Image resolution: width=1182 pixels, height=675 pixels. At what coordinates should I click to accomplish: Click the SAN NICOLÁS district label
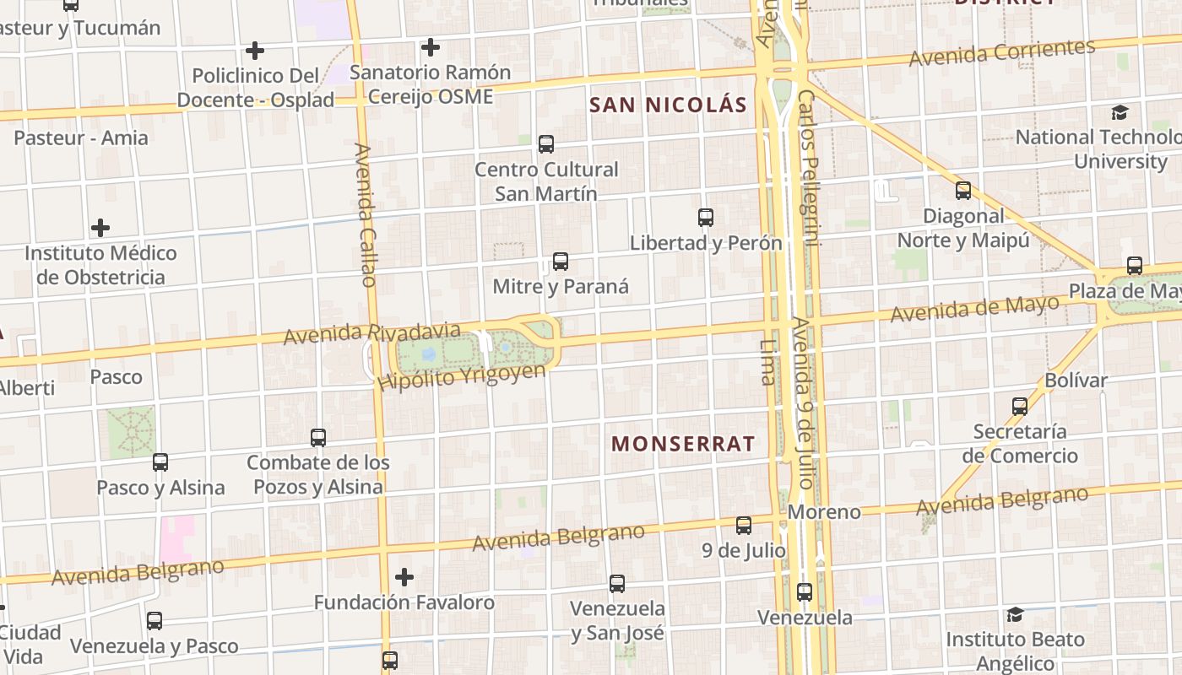point(668,105)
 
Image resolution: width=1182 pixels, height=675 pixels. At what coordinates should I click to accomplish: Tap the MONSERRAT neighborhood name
point(683,444)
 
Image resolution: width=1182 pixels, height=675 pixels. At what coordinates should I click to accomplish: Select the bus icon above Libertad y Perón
point(706,218)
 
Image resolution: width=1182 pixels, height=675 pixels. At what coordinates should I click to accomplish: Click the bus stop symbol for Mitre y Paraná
point(560,262)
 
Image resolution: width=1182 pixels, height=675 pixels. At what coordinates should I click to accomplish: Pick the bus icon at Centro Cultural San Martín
point(546,144)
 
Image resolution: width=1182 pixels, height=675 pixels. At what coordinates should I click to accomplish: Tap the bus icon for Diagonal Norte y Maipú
point(963,191)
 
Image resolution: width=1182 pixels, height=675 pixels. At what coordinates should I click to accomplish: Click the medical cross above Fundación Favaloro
point(404,577)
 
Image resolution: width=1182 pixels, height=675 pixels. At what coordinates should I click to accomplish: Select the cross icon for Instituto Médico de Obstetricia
point(100,228)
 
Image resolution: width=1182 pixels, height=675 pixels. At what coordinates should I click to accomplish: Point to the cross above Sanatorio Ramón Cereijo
point(431,47)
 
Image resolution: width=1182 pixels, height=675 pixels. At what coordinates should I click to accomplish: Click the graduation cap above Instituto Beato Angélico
point(1015,614)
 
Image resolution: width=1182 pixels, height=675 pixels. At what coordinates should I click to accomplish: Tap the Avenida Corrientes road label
point(1002,52)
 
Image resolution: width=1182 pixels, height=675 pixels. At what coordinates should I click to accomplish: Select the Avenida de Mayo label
point(975,308)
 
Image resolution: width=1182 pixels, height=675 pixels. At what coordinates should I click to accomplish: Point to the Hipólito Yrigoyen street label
point(461,376)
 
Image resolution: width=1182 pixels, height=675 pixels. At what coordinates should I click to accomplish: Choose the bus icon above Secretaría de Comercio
point(1020,407)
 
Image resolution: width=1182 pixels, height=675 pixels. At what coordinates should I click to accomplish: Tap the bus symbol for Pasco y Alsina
point(160,462)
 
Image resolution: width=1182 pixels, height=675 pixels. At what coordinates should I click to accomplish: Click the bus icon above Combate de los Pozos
point(318,438)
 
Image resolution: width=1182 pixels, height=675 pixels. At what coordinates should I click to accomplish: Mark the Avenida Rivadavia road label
point(371,332)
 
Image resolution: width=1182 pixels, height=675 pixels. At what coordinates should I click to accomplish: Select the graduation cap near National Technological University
point(1120,112)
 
